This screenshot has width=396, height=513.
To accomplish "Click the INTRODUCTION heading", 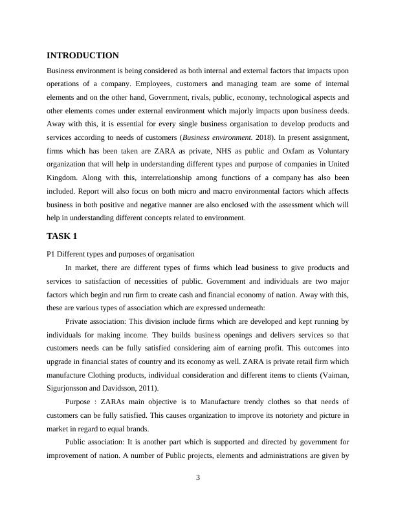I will pyautogui.click(x=83, y=56).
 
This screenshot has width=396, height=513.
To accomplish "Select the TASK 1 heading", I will pyautogui.click(x=62, y=236).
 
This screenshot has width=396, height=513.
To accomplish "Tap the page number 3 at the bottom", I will pyautogui.click(x=198, y=478).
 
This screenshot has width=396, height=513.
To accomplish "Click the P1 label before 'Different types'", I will pyautogui.click(x=52, y=253).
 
